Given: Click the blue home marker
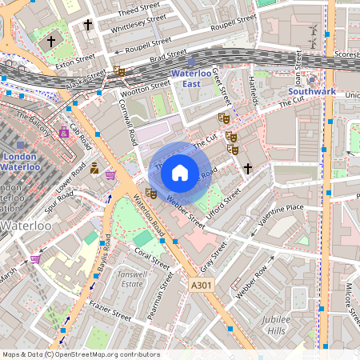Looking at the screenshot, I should [180, 171].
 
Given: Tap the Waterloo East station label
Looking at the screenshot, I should [190, 78].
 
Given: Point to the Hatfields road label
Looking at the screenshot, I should [254, 93].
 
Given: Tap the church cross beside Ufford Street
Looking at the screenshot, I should [248, 168].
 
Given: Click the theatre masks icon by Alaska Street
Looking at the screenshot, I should [119, 71].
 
